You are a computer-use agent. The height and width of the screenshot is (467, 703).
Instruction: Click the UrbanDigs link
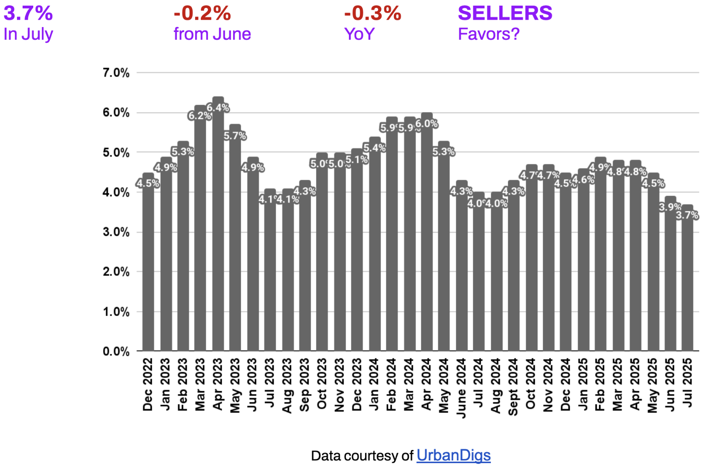coord(453,456)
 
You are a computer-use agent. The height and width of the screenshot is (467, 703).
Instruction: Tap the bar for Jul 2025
coord(687,284)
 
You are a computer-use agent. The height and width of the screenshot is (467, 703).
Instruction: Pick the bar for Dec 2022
coord(148,266)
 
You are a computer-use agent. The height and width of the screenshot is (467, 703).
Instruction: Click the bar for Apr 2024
coord(427,240)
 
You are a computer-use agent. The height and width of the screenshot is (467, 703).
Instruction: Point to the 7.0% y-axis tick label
coord(116,73)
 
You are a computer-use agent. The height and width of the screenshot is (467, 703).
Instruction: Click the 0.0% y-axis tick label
coord(116,351)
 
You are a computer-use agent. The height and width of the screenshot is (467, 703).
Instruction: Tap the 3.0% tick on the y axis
coord(116,232)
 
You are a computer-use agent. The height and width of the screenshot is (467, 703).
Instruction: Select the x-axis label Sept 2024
coord(513,387)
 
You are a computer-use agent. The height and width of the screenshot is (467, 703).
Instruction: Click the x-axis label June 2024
coord(461,388)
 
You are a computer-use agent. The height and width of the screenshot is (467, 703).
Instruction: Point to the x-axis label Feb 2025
coord(600,385)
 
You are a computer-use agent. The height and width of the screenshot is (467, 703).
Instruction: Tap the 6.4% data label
coord(218,107)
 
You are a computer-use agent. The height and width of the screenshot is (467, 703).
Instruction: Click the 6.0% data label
coord(427,124)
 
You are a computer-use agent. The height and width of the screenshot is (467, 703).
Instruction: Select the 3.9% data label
coord(670,207)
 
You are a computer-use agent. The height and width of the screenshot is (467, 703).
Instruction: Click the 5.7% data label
coord(235,136)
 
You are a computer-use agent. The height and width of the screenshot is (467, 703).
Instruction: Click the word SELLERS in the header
coord(505,13)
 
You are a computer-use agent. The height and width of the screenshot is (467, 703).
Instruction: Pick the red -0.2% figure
coord(202,13)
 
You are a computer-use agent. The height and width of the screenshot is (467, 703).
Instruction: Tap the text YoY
coord(359,34)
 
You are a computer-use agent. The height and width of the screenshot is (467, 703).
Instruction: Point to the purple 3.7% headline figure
coord(28,13)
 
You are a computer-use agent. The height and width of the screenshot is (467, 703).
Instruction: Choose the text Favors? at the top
coord(489,34)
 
